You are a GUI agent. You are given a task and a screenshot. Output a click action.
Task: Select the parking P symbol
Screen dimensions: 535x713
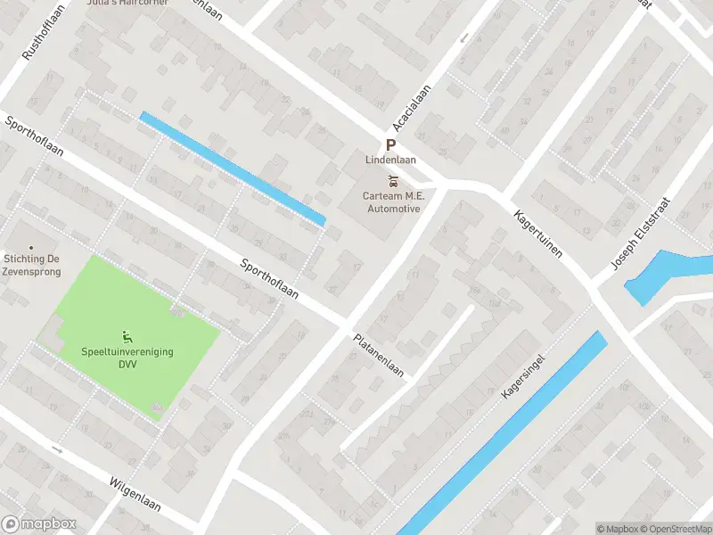coord(390,145)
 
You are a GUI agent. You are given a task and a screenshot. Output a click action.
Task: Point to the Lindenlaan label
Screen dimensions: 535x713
coord(390,160)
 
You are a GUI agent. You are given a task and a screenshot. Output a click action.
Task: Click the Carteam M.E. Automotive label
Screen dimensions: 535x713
coord(392,202)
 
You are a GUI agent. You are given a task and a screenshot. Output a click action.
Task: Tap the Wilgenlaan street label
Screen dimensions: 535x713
coord(135,493)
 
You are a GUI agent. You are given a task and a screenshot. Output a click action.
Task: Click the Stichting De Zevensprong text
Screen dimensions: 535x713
coord(31,264)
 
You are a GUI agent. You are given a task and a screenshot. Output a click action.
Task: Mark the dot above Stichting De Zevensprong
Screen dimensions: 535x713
coord(31,248)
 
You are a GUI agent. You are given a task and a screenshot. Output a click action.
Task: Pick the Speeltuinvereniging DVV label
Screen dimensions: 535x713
coord(127,358)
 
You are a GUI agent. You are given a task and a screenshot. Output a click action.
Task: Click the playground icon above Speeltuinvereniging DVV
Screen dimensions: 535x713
coord(127,336)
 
